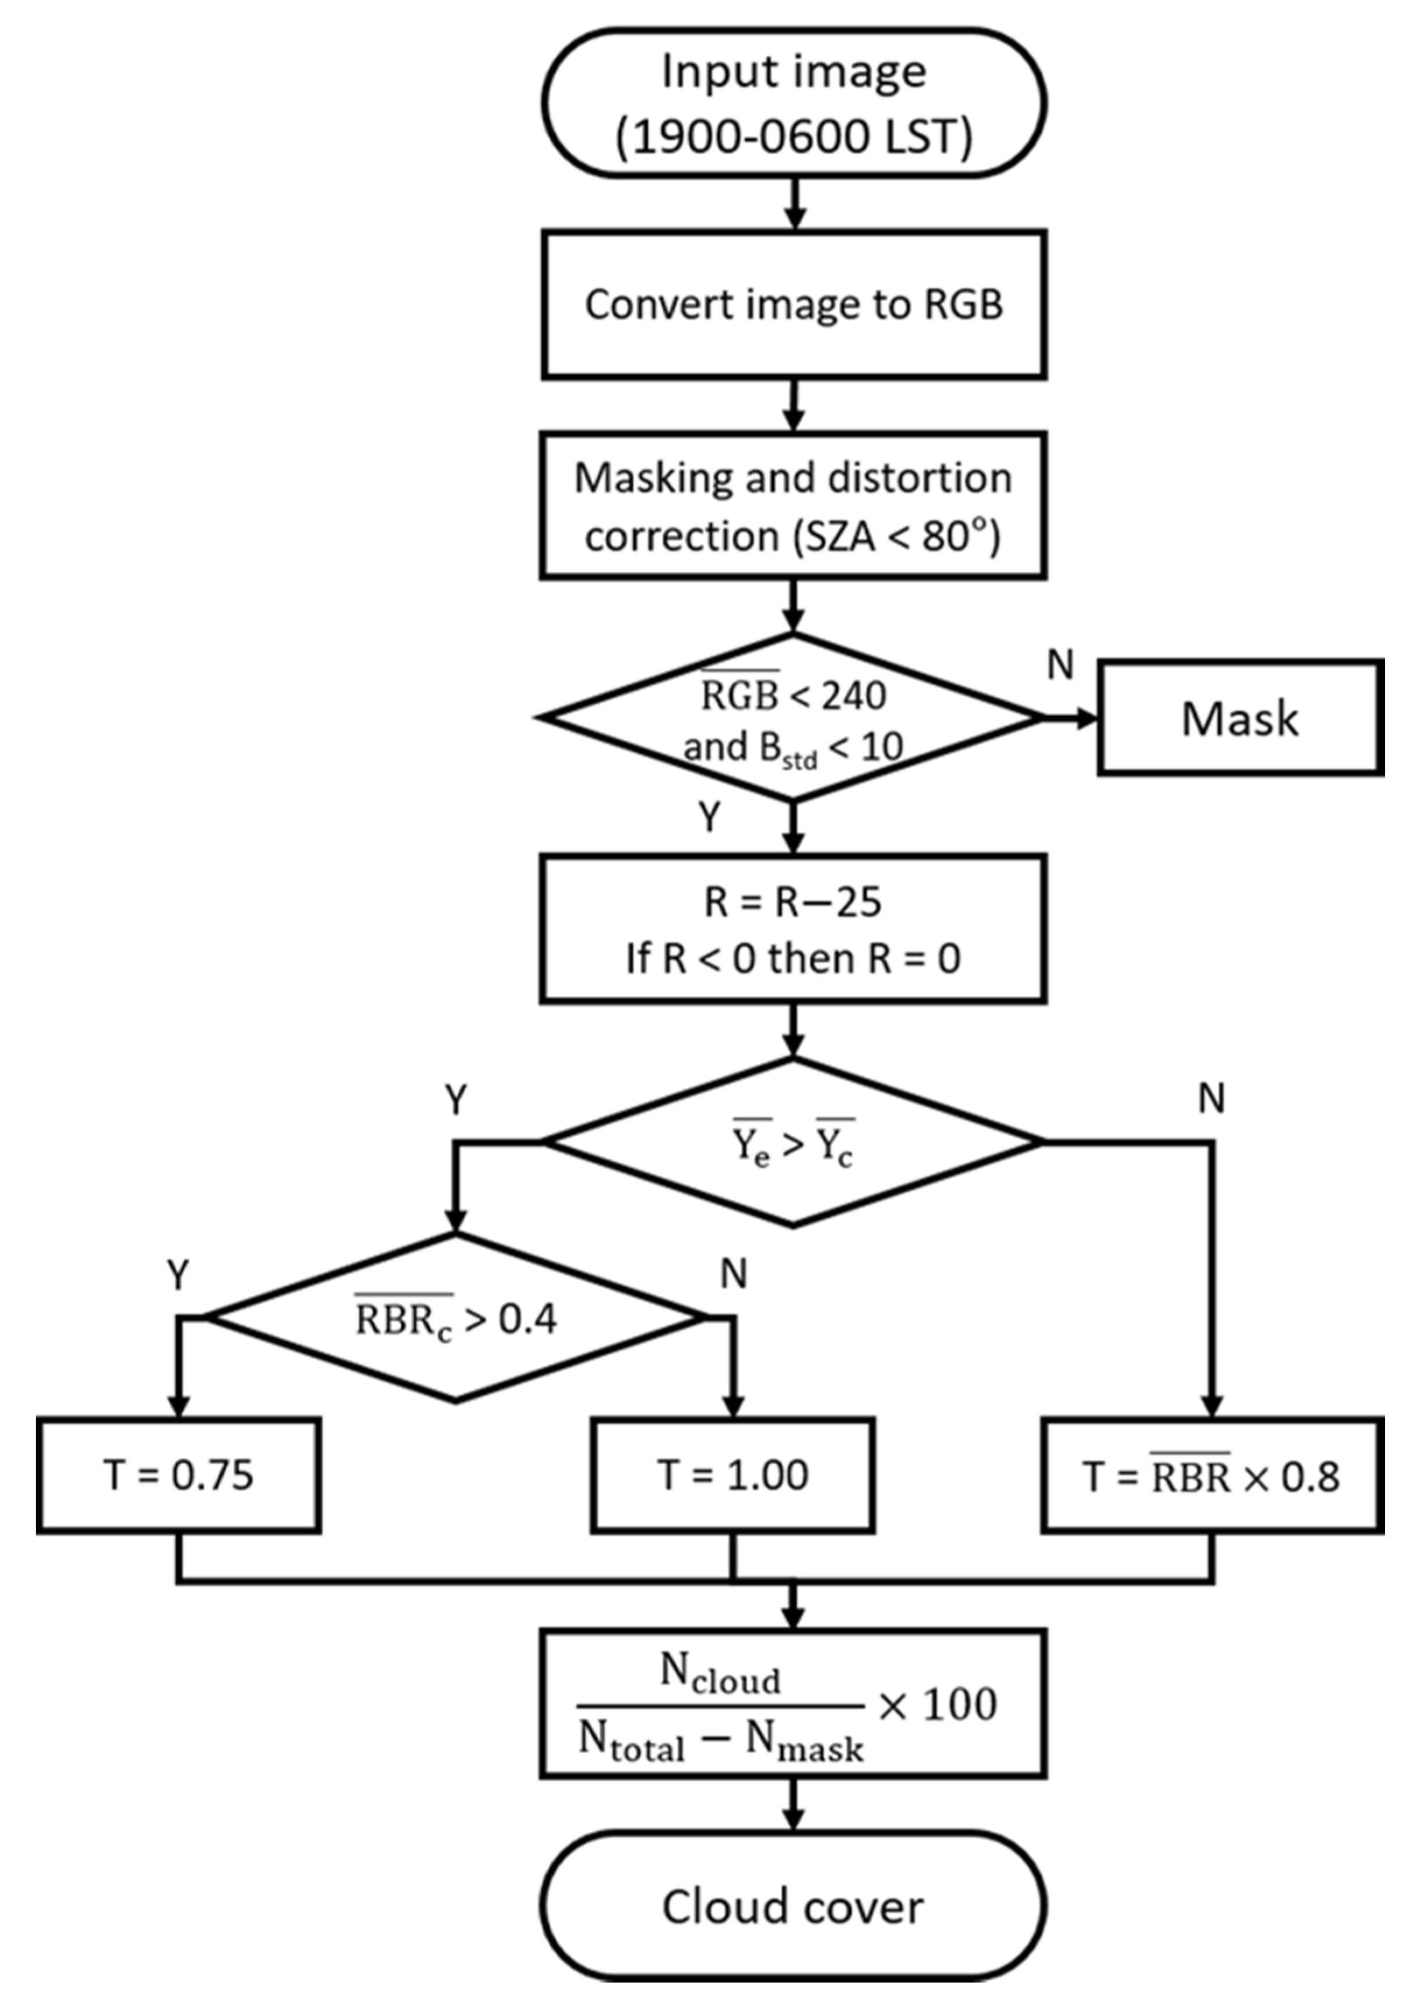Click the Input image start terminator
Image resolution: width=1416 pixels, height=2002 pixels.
pos(794,103)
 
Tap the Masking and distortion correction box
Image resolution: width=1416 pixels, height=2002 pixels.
pos(794,506)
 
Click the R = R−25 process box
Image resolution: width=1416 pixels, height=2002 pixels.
pos(794,929)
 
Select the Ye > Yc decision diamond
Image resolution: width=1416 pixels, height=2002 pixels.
pos(792,1141)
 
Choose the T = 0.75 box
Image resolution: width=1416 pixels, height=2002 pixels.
pos(179,1475)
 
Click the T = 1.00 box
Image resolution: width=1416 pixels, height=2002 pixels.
pos(732,1475)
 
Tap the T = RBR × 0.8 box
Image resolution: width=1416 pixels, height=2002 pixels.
pos(1212,1475)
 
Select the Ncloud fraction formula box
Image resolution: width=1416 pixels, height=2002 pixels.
pos(794,1705)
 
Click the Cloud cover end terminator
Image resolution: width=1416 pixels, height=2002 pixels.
pos(794,1907)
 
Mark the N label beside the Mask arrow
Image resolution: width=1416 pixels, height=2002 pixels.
pos(1059,666)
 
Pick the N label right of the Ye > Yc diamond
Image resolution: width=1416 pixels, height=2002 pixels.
pos(1211,1099)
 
